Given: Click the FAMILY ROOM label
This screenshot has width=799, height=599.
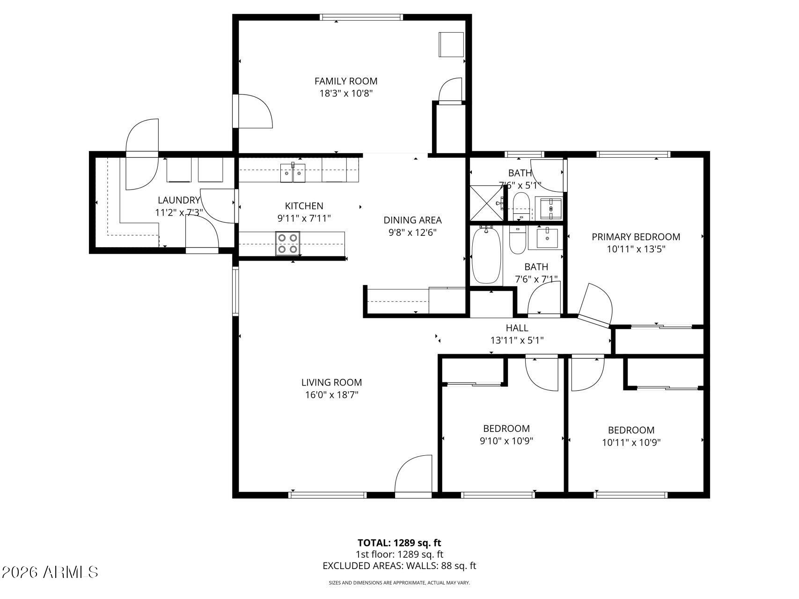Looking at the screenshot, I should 345,81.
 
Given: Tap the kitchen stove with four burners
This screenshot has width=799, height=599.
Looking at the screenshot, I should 287,243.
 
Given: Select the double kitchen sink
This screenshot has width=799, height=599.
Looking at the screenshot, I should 293,173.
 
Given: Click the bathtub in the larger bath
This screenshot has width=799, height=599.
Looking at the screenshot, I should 486,255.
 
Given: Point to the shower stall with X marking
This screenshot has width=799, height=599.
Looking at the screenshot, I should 487,203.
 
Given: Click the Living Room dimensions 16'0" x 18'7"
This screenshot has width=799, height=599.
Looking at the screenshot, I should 331,394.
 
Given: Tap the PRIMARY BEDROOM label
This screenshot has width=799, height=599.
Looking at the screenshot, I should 636,237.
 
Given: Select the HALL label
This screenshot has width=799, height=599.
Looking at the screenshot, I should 517,328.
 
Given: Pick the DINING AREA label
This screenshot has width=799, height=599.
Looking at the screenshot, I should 412,220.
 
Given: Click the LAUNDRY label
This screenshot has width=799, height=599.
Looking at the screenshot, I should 178,200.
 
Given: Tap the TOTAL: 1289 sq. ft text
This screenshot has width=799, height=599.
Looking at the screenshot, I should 399,543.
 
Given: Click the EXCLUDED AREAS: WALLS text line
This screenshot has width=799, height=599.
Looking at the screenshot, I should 399,566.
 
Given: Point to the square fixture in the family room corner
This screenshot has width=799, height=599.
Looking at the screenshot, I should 451,44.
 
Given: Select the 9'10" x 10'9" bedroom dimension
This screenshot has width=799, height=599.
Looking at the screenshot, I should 506,440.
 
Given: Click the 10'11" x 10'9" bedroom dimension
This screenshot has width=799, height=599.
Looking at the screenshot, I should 631,442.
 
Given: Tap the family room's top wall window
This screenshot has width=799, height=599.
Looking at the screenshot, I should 361,17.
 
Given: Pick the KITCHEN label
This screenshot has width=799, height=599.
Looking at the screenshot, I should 304,206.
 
